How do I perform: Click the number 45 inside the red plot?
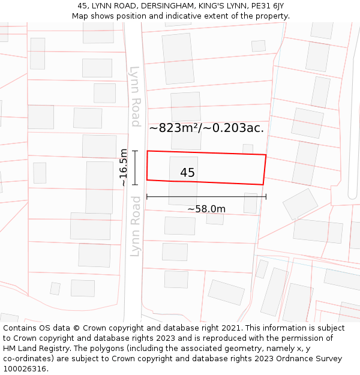tap(187, 173)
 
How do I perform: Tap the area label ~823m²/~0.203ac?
tap(206, 128)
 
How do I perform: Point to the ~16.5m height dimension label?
tap(124, 167)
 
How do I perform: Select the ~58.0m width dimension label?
tap(206, 209)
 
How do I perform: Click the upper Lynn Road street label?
tap(136, 95)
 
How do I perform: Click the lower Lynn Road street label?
tap(136, 226)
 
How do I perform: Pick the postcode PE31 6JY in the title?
tap(268, 6)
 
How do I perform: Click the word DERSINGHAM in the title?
tap(164, 6)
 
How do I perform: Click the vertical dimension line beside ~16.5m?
tap(136, 167)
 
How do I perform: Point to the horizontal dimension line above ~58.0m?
tap(206, 196)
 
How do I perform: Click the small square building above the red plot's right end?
tap(248, 149)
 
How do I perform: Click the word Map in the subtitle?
tap(80, 16)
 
